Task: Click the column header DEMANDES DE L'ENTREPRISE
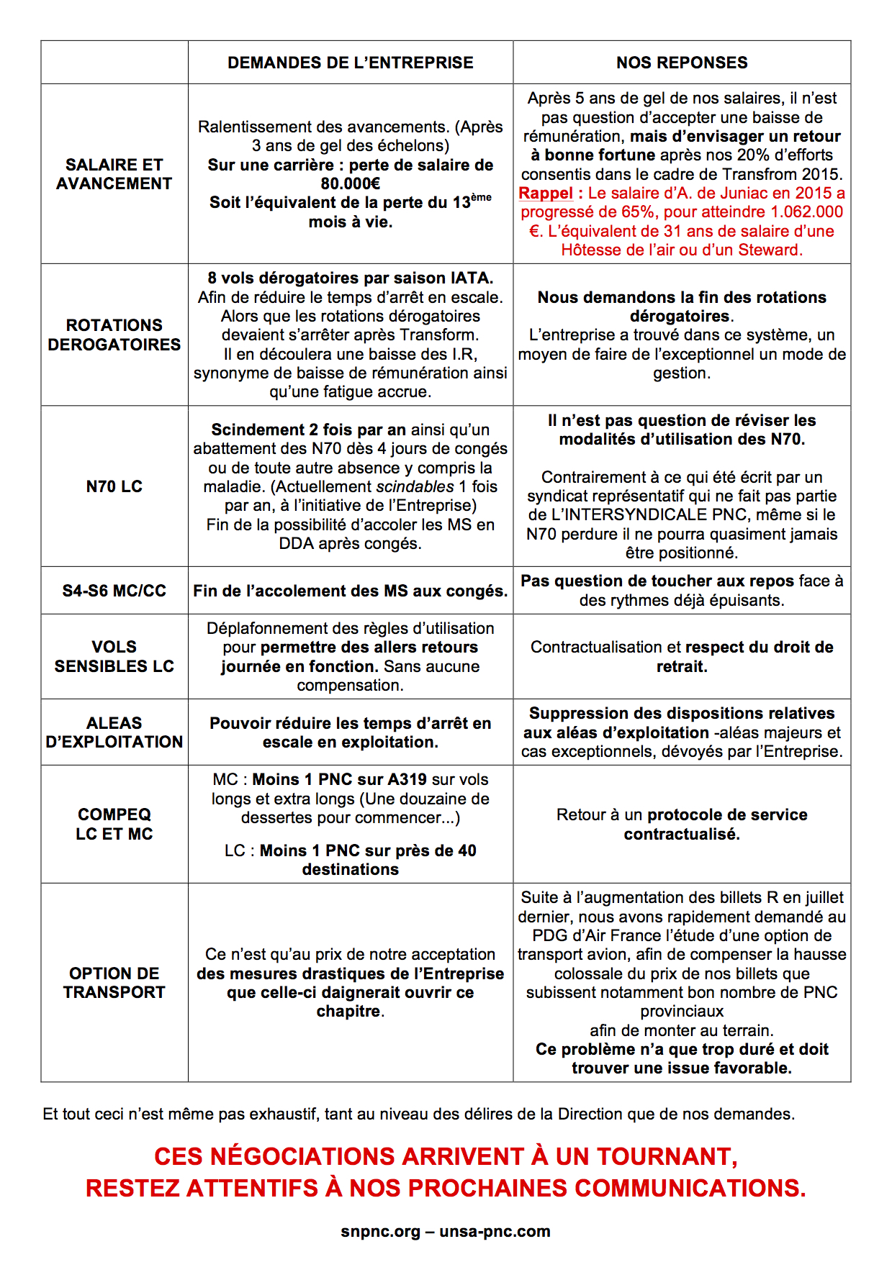click(x=351, y=63)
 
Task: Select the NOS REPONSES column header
click(x=682, y=63)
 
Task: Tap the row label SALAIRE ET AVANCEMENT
click(x=114, y=174)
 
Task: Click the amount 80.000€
click(x=351, y=183)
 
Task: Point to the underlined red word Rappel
click(x=546, y=193)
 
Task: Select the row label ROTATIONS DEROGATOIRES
click(x=114, y=335)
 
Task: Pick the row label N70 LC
click(x=114, y=486)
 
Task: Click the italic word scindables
click(x=415, y=486)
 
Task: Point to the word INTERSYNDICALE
click(x=634, y=514)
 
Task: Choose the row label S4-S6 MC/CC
click(x=114, y=591)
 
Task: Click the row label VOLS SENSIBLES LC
click(x=114, y=656)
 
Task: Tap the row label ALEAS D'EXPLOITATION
click(x=114, y=732)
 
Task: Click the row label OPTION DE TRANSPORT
click(x=114, y=982)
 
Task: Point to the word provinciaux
click(x=682, y=1011)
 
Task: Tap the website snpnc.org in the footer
click(x=380, y=1231)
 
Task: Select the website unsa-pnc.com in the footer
click(x=495, y=1231)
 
